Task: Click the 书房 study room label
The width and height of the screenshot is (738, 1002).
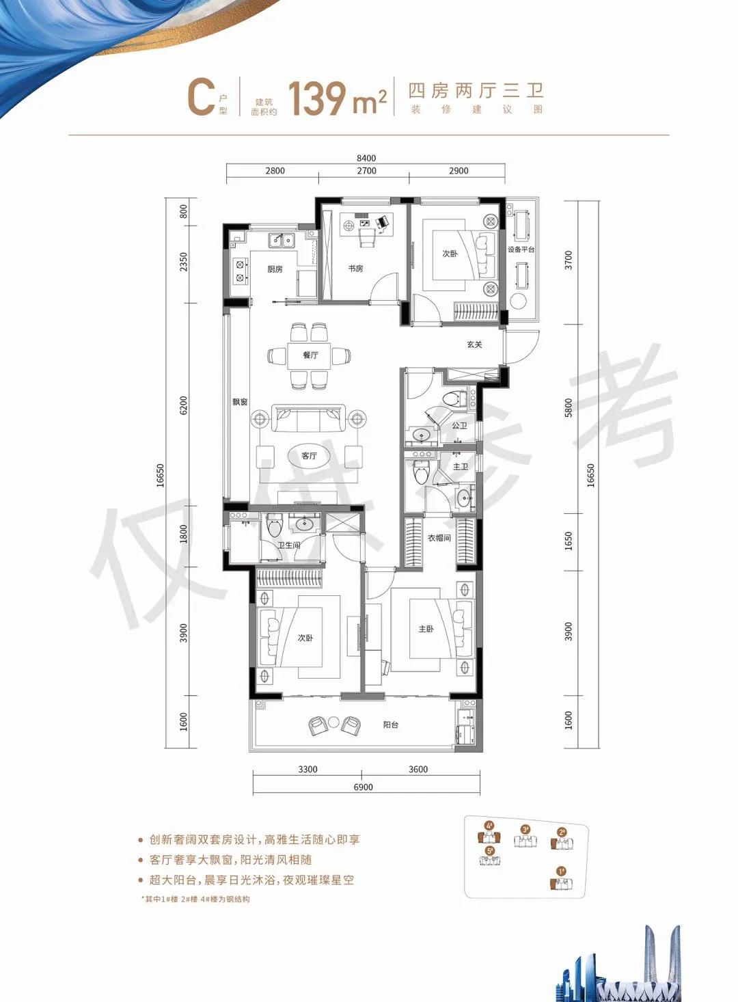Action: point(355,269)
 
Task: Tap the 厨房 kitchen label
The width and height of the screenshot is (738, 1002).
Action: point(275,269)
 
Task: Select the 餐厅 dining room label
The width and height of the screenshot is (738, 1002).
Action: point(310,355)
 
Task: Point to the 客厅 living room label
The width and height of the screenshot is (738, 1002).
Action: point(309,455)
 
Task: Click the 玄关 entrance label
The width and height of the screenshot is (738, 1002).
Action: point(474,344)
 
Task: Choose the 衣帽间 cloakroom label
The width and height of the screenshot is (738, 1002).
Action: point(439,538)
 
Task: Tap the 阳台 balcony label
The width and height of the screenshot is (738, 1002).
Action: point(390,725)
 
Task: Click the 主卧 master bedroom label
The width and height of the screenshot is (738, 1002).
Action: point(426,629)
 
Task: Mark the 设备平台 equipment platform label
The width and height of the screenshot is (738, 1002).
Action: point(521,249)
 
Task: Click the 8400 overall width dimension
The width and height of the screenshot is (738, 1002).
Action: point(366,158)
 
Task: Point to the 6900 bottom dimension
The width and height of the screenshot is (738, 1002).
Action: point(364,787)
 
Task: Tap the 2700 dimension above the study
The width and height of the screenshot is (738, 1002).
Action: point(366,171)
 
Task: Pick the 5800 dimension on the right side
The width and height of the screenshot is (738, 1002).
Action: point(569,408)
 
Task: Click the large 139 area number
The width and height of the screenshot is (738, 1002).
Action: point(317,99)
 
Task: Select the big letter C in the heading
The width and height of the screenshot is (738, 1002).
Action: point(201,98)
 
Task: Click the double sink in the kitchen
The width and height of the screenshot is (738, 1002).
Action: point(281,240)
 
